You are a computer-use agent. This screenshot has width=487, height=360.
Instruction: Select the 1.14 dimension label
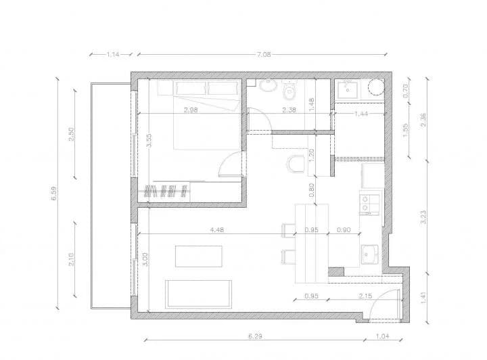(112, 54)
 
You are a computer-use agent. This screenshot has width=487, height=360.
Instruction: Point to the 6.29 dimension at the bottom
(255, 336)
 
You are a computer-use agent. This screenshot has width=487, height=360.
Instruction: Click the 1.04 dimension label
(384, 336)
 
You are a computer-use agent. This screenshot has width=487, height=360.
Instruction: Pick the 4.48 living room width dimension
(217, 229)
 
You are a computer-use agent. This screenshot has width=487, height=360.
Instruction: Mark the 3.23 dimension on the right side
(423, 217)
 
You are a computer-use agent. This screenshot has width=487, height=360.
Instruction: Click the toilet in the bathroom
(290, 91)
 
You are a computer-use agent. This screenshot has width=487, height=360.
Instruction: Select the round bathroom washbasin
(269, 86)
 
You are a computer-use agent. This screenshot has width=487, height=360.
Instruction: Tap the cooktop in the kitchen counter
(370, 204)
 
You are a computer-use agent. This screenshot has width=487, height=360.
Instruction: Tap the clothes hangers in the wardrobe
(165, 191)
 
